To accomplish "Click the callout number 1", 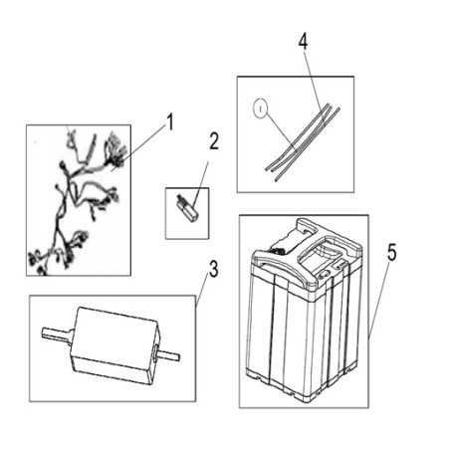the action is click(170, 122).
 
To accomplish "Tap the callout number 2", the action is click(214, 141).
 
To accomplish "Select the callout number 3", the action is click(214, 269).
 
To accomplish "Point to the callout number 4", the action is click(303, 42).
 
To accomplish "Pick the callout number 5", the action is click(392, 253).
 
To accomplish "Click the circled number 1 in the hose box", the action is click(261, 109).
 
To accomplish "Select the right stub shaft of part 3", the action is click(168, 355).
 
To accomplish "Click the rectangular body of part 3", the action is click(114, 345).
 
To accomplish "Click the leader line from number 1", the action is click(139, 146).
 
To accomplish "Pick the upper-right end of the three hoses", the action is click(332, 110).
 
